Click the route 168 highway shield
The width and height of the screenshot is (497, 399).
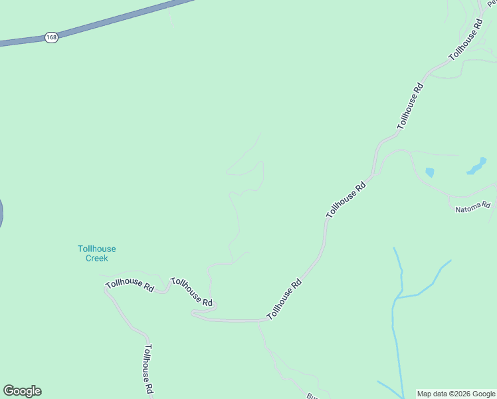point(52,37)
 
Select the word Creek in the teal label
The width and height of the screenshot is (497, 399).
point(96,258)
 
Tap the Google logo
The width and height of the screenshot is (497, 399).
point(22,391)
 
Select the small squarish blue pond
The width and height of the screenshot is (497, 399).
point(429,172)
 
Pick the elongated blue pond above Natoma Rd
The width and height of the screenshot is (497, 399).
point(476,166)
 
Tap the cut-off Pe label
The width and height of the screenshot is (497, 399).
point(492,3)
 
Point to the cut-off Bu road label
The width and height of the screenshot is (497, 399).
point(312,396)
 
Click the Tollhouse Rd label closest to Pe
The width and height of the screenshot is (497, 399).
point(465,40)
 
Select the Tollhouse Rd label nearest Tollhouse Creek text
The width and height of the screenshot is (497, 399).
point(130,285)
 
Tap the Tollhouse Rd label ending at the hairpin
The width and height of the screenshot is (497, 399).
point(191,293)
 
